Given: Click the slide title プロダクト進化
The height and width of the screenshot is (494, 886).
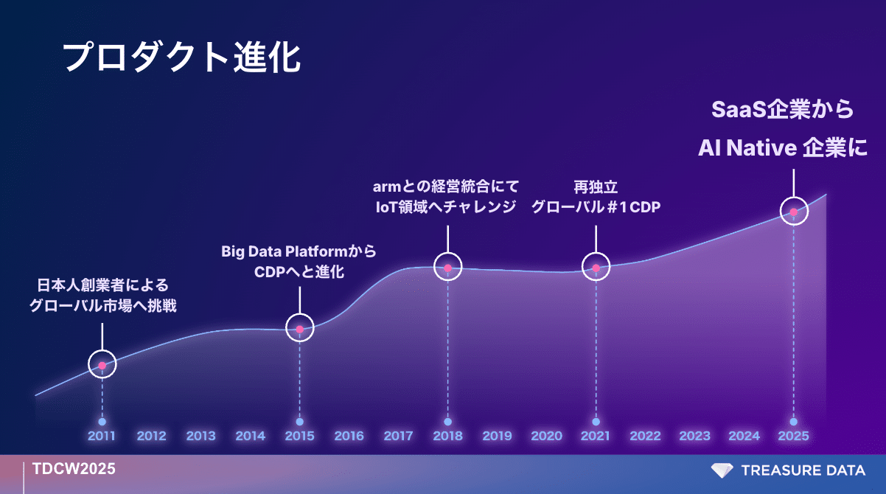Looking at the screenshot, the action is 182,58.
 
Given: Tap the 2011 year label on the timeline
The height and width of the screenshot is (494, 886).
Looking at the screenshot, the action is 102,436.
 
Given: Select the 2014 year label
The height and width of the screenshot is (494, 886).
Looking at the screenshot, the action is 250,436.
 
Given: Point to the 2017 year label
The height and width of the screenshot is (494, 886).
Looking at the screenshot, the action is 398,436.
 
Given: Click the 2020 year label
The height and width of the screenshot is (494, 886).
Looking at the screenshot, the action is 547,436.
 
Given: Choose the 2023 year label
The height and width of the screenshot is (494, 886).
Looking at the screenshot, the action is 694,436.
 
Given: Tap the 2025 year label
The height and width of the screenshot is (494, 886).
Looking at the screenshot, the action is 793,436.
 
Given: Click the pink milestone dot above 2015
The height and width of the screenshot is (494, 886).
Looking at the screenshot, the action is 300,329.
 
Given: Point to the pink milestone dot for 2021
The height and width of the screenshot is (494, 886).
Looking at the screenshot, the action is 596,268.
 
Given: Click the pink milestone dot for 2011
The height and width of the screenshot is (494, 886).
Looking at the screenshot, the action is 102,366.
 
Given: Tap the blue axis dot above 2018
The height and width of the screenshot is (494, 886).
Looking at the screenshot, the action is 447,422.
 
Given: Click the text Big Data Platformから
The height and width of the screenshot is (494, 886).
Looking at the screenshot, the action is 299,251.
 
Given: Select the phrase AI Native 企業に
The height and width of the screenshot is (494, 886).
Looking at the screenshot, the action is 783,148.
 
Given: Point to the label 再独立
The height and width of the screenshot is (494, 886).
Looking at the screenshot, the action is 596,187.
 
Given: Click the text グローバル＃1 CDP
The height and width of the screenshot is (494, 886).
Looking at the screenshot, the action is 596,207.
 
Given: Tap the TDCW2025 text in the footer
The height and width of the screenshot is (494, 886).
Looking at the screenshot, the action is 74,469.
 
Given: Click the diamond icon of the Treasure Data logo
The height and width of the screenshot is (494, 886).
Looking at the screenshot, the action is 722,470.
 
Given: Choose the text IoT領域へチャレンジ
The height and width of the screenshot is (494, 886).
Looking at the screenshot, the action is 446,207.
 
